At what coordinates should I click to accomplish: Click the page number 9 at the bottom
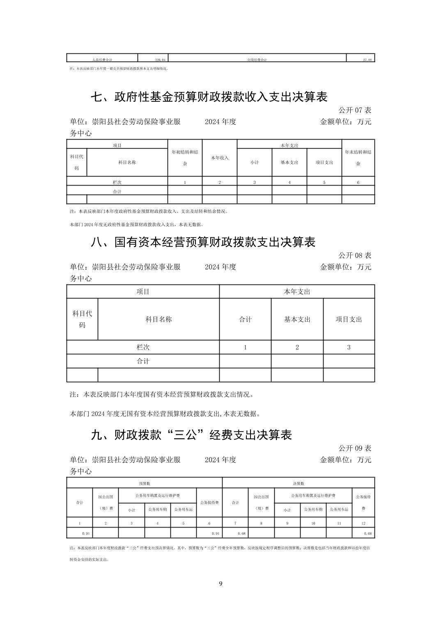[220, 584]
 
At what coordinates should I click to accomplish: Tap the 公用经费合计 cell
[257, 60]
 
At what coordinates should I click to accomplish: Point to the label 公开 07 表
[355, 110]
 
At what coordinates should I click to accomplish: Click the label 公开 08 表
[355, 255]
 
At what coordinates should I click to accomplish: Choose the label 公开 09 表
[355, 448]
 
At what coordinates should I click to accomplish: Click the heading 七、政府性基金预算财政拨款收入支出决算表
[209, 97]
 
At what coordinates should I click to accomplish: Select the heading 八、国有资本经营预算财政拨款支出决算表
[203, 242]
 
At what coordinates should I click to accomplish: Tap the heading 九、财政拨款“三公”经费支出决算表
[191, 435]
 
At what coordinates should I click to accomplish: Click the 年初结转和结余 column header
[185, 158]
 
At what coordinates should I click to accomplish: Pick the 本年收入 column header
[220, 158]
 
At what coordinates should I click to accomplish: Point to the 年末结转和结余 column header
[358, 158]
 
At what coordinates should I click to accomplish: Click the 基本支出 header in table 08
[297, 319]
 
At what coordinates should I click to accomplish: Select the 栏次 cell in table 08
[143, 347]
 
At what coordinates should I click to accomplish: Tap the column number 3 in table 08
[349, 347]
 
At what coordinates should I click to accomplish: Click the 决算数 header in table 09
[299, 483]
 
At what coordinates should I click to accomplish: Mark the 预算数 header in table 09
[145, 483]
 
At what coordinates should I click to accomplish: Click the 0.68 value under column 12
[367, 533]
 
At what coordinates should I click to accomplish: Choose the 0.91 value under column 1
[86, 533]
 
